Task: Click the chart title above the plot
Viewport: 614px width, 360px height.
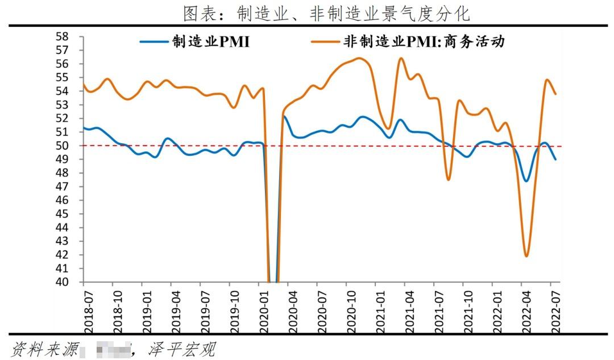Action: pyautogui.click(x=326, y=13)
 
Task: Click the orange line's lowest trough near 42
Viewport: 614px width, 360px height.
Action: pyautogui.click(x=526, y=256)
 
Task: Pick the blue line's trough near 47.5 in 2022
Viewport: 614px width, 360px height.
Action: pyautogui.click(x=526, y=181)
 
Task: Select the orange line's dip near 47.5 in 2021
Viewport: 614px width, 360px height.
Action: pyautogui.click(x=449, y=180)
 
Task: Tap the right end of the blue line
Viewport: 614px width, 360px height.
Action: pyautogui.click(x=555, y=159)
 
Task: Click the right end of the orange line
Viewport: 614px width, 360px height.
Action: pyautogui.click(x=555, y=94)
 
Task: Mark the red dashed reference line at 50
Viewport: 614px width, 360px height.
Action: pyautogui.click(x=341, y=146)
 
